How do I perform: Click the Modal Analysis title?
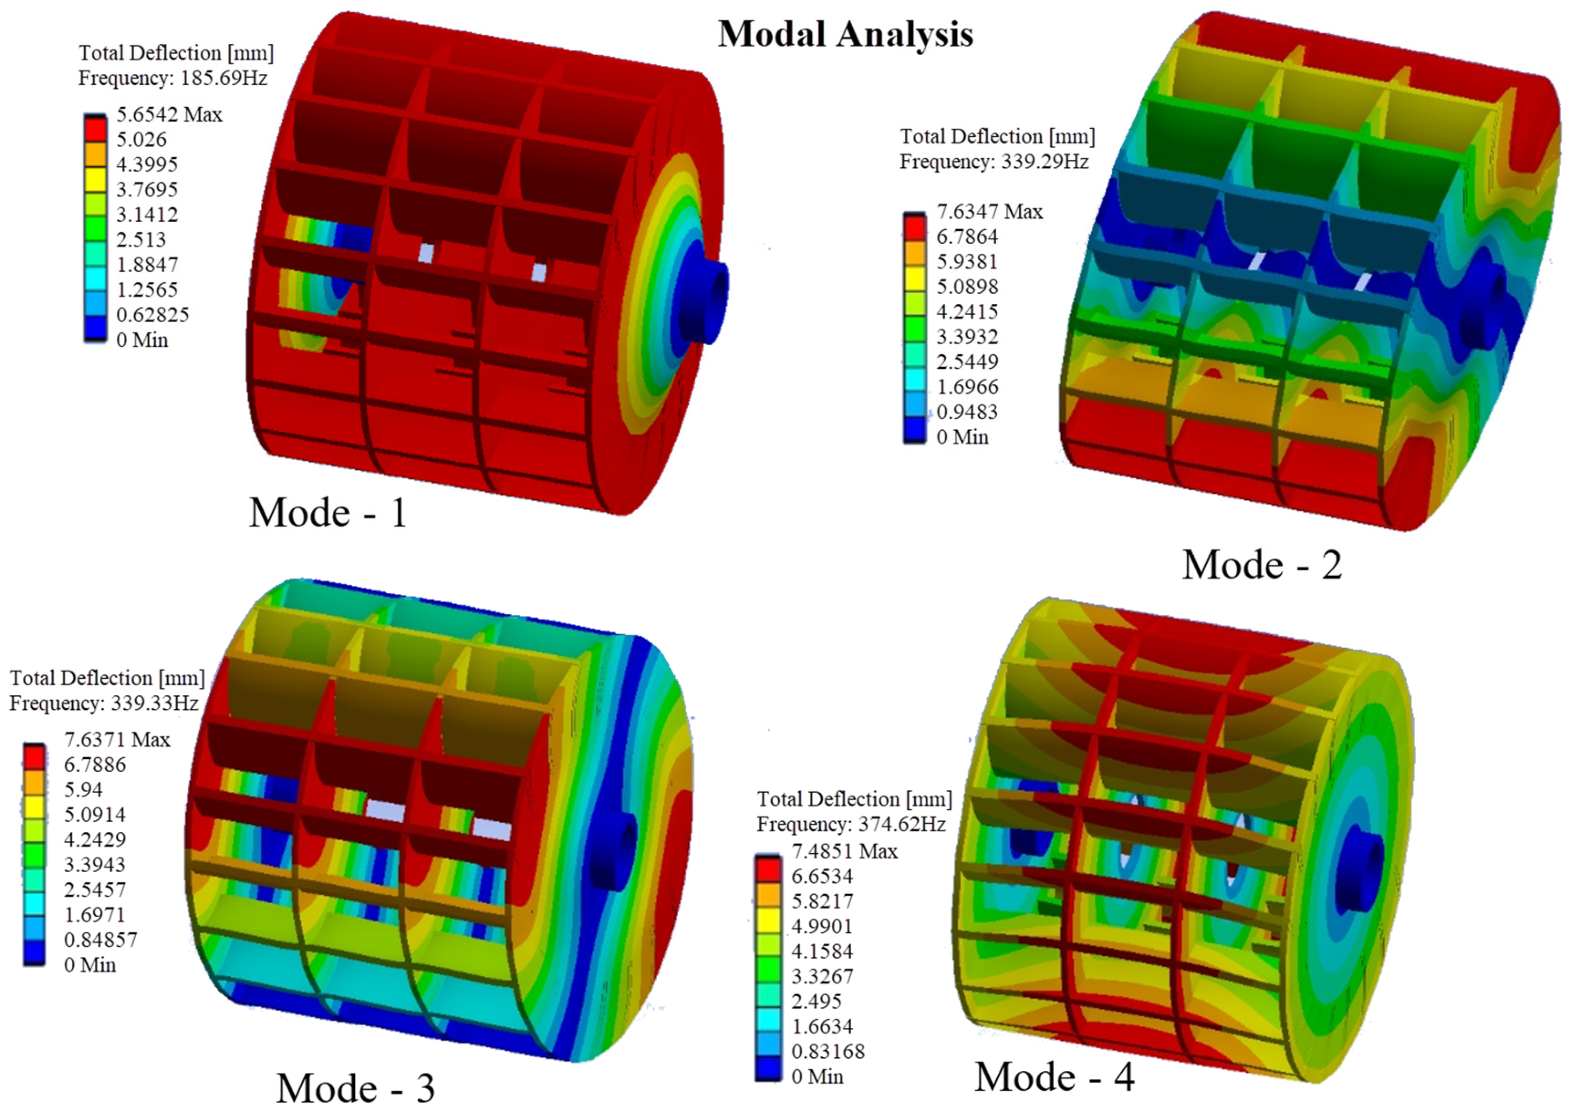845,34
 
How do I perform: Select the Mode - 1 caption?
328,513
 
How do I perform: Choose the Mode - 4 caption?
1054,1076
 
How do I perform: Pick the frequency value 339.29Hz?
1045,161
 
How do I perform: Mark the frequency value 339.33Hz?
155,703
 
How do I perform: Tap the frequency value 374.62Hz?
902,824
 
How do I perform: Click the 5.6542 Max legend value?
169,114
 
